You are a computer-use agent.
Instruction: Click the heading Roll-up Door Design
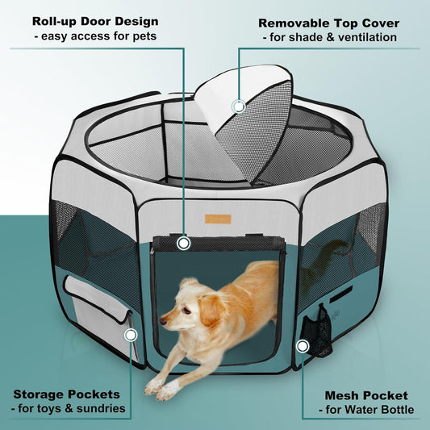tap(96, 21)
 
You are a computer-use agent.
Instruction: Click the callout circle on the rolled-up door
tap(183, 242)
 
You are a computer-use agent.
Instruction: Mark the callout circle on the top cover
tap(238, 106)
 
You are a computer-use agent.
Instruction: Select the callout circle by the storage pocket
tap(130, 333)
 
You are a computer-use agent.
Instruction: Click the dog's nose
tap(163, 322)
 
